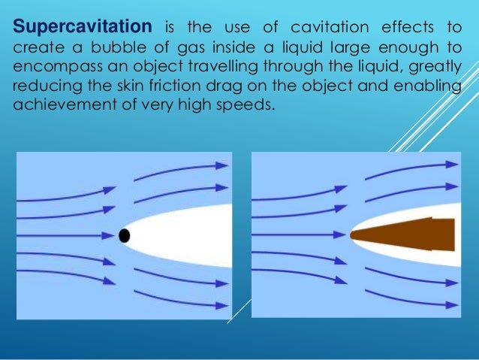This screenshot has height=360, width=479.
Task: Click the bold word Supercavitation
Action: click(x=82, y=28)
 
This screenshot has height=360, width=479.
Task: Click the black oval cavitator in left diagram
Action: click(x=125, y=235)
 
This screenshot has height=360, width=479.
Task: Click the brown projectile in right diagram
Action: click(x=413, y=234)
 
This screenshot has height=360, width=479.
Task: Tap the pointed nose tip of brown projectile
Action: click(x=353, y=235)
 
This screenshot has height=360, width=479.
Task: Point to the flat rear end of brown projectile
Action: click(x=453, y=234)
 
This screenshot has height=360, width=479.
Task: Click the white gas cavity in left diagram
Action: click(x=188, y=235)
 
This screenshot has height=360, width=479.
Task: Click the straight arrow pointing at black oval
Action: click(x=68, y=235)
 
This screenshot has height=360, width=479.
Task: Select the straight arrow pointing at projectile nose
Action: click(x=300, y=235)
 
